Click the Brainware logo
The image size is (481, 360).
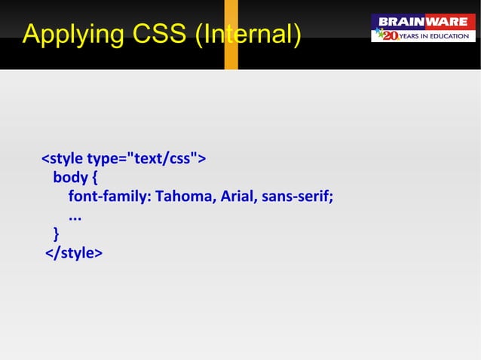[423, 28]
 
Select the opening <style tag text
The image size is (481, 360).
[62, 159]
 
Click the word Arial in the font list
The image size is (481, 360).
[239, 197]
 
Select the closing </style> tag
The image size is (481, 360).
[74, 253]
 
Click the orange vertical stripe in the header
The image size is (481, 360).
[231, 35]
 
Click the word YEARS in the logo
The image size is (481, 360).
[415, 36]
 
